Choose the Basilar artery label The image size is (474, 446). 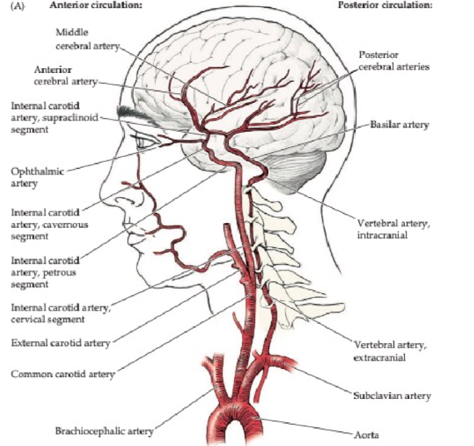[x=399, y=125]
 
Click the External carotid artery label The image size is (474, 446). [x=60, y=342]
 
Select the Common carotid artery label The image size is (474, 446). [x=63, y=374]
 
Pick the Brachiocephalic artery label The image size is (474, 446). [x=104, y=430]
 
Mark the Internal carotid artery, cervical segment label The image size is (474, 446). [x=61, y=312]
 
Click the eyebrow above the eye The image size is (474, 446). [x=130, y=109]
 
